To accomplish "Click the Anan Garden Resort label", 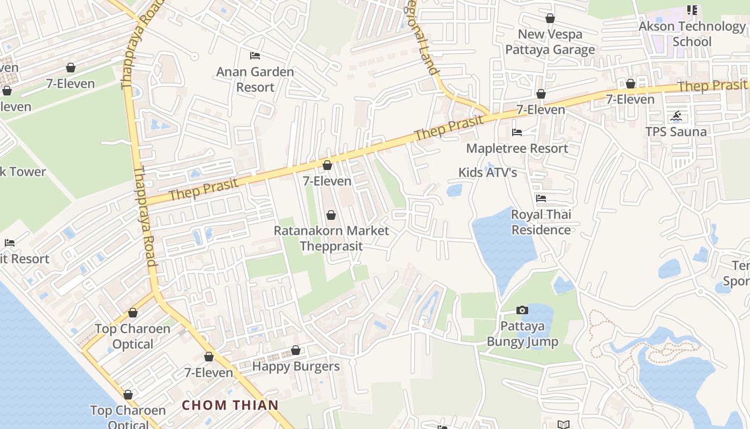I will (x=255, y=79).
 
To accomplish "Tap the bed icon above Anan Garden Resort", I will (x=255, y=56).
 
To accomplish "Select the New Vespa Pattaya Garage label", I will (x=550, y=42).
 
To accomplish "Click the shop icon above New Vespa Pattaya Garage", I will (x=550, y=19).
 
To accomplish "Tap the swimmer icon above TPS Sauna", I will (x=676, y=116).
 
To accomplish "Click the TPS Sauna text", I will (x=676, y=131).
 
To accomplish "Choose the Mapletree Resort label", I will (x=517, y=148).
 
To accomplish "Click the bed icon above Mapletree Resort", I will (x=517, y=132).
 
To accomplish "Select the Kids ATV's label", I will (x=487, y=172).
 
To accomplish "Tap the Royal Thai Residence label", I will (x=541, y=222).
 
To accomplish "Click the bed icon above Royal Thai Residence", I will (x=541, y=198).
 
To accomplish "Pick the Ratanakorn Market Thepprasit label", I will (x=331, y=238).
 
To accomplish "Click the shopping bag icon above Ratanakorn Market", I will (x=331, y=215).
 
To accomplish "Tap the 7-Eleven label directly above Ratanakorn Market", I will (x=327, y=181).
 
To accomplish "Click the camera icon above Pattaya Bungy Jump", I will (x=522, y=310).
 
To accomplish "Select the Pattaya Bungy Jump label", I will (x=522, y=334).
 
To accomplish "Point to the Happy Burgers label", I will (x=296, y=366).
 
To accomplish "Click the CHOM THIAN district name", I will (x=230, y=405).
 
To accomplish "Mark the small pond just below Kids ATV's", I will (x=454, y=190).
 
